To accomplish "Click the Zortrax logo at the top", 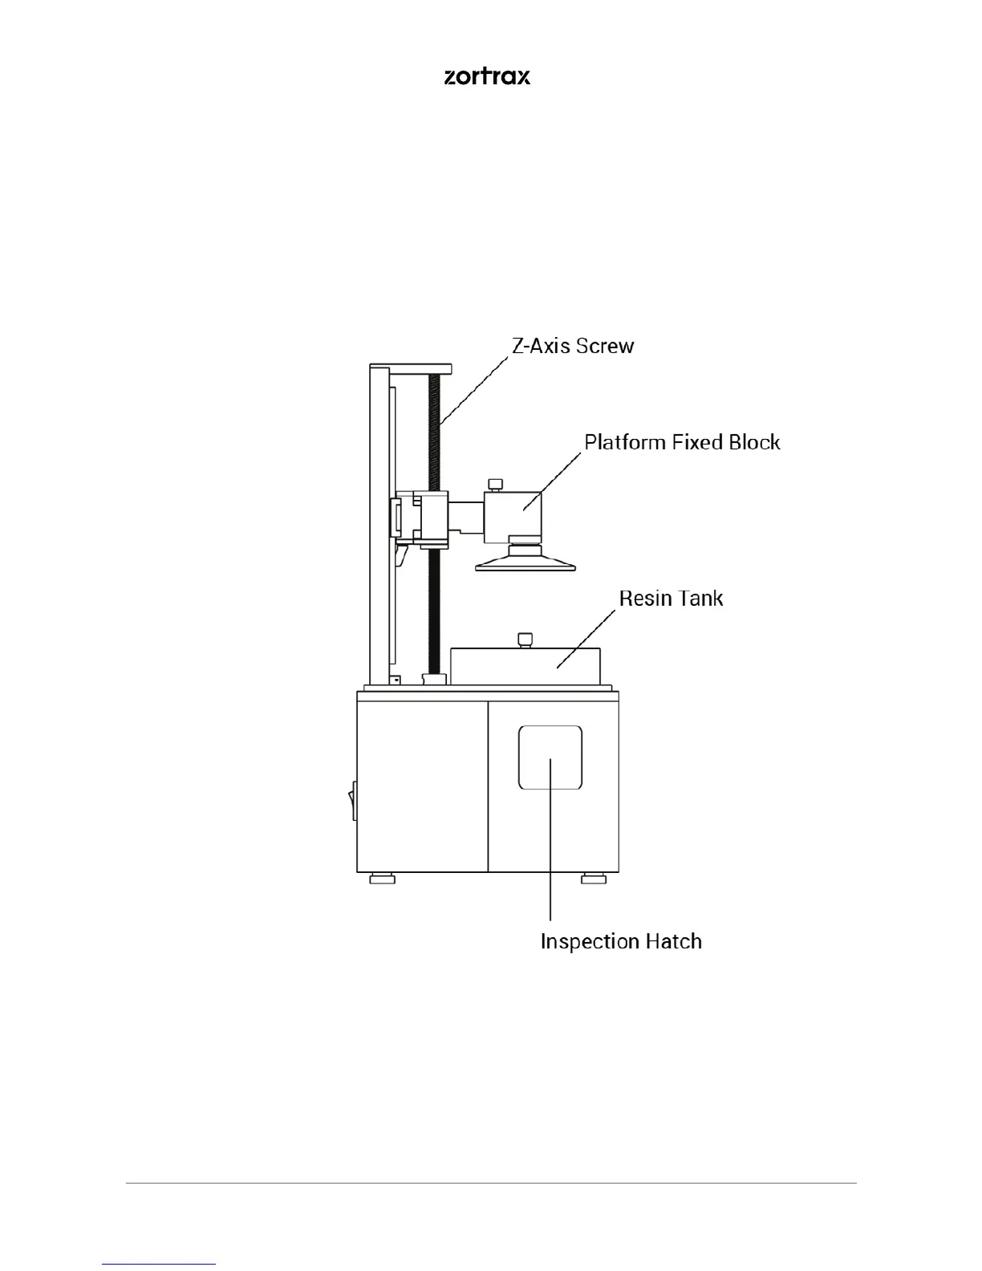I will (487, 76).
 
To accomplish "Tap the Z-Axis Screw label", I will (573, 346).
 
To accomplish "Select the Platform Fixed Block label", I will (682, 442).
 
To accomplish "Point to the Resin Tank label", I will (671, 599).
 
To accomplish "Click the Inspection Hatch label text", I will (621, 941).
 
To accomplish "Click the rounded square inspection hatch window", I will (550, 757).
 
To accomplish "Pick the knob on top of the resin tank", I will (525, 640).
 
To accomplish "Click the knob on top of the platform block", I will (495, 484).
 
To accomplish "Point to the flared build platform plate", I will (525, 563).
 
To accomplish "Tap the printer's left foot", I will (382, 879).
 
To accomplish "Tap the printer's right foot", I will (594, 879).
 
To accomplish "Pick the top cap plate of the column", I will (411, 369).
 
